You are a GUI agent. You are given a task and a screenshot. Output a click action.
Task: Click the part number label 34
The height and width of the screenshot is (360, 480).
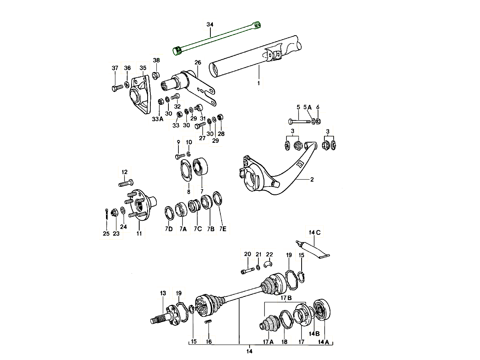click(x=210, y=25)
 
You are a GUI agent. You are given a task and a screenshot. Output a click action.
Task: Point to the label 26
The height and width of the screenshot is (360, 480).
click(x=198, y=62)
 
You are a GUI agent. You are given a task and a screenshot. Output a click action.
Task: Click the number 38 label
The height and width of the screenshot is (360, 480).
click(x=156, y=60)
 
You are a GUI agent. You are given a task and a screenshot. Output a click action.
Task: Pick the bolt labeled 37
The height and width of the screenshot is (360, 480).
click(x=116, y=88)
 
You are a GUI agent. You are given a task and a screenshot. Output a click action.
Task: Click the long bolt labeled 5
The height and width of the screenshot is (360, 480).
click(x=298, y=120)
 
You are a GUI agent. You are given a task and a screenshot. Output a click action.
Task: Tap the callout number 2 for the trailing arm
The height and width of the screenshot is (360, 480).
click(x=312, y=180)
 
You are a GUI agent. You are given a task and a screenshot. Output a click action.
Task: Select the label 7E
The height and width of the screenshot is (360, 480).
click(x=223, y=229)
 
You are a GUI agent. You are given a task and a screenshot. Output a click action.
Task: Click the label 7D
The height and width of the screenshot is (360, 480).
click(x=168, y=229)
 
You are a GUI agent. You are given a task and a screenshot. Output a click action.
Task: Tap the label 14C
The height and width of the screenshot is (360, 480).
click(x=315, y=232)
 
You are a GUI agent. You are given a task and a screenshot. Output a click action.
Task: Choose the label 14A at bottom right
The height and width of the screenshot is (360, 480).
click(x=324, y=342)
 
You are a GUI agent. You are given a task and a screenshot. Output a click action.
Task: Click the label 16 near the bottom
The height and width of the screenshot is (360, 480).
click(x=209, y=342)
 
